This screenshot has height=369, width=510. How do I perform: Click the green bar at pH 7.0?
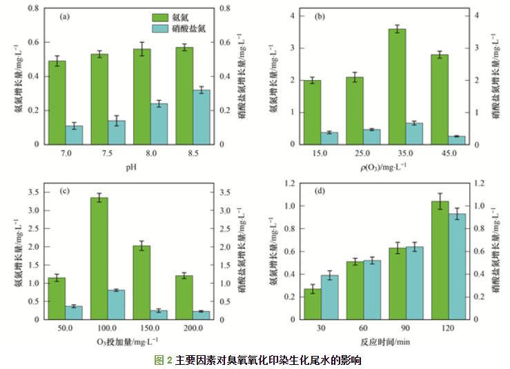(x=57, y=103)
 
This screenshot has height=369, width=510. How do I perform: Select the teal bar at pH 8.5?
(x=202, y=117)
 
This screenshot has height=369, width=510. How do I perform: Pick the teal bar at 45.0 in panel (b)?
(x=456, y=140)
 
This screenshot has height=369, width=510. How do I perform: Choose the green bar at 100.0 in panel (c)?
(x=99, y=259)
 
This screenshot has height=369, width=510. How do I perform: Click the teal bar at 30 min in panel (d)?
(x=330, y=297)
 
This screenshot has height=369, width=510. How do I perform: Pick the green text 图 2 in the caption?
(x=164, y=360)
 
